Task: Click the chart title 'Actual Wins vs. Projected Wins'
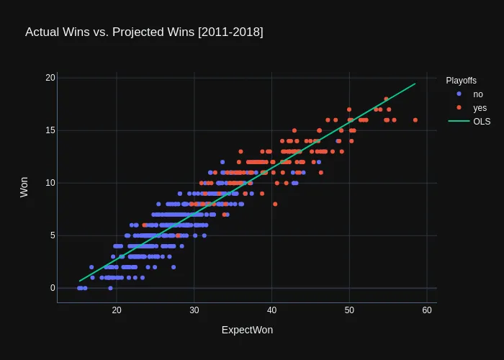point(144,32)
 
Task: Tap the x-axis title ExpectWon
point(247,330)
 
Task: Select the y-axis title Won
point(24,187)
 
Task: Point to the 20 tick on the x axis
point(117,310)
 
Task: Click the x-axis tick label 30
point(194,310)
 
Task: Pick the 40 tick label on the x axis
point(272,310)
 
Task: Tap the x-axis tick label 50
point(349,310)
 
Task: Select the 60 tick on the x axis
point(427,310)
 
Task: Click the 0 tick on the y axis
point(53,288)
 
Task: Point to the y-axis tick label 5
point(53,235)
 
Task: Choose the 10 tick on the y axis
point(50,183)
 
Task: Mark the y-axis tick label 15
point(50,130)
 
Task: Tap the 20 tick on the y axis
point(50,78)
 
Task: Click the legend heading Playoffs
point(461,80)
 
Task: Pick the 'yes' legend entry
point(480,108)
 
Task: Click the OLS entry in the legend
point(482,121)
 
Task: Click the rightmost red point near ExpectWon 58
point(415,120)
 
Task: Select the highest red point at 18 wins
point(386,99)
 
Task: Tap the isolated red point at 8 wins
point(275,204)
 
